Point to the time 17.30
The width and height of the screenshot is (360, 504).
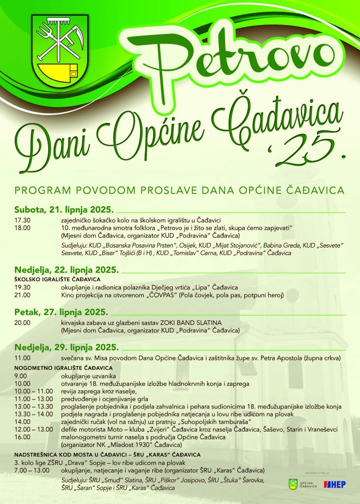pos(23,220)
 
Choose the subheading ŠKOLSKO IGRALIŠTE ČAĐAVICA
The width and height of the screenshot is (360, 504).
pos(51,280)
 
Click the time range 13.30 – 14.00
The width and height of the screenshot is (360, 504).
pos(33,415)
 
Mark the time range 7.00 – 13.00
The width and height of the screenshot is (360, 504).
pos(32,470)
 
